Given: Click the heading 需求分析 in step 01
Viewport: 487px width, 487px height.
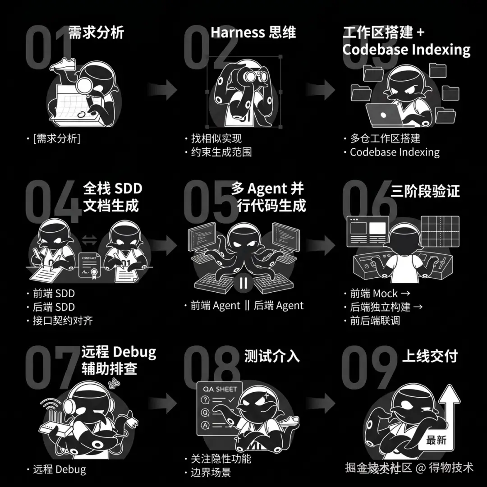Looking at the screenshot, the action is coord(96,32).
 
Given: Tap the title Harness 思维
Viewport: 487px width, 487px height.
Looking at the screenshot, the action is coord(253,32).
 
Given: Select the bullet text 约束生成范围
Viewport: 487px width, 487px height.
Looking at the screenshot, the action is coord(221,152).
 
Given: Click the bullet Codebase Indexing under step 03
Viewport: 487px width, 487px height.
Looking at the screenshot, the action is coord(395,152).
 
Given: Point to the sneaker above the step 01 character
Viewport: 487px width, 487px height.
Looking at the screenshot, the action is coord(64,64).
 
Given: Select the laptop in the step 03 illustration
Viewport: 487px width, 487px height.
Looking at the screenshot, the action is coord(385,115).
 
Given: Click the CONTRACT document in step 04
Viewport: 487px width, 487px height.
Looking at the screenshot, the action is coord(89,266).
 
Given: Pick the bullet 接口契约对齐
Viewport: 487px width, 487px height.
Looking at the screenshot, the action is coord(63,321).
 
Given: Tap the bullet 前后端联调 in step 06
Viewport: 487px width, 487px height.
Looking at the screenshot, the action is coord(375,321).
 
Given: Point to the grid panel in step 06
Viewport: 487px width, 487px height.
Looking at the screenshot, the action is coord(440,231).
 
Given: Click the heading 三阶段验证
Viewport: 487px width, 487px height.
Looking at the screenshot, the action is coord(425,190).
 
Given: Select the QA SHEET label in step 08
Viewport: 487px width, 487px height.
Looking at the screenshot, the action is coord(220,389).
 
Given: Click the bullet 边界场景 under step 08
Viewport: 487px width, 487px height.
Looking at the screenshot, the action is coord(211,473).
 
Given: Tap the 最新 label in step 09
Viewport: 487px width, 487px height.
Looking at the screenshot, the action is coord(436,440).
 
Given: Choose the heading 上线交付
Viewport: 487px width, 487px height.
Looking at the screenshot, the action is coord(430,356).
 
